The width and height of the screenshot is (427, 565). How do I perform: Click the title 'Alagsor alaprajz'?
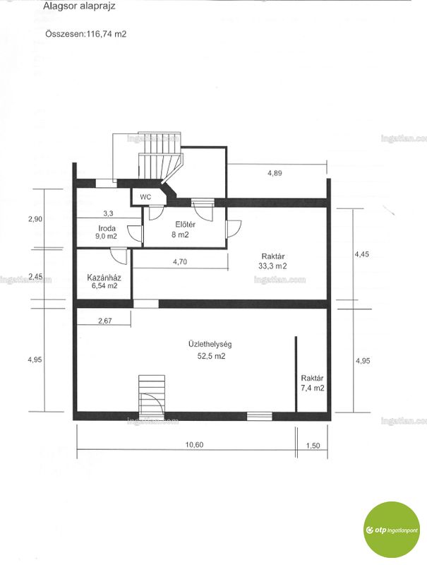coord(79,6)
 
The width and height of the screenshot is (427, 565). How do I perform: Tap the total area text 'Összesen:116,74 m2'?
coord(86,34)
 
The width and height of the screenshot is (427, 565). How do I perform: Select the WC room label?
coord(145,197)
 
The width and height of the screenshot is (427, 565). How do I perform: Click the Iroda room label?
coord(107,228)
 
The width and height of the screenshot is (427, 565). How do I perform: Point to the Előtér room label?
coord(186,225)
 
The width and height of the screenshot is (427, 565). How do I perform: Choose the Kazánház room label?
coord(104,278)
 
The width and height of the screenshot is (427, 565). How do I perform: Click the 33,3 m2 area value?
coord(272,266)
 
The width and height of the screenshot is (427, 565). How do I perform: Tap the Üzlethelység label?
coord(210,344)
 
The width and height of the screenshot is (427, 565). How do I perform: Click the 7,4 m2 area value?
coord(312,388)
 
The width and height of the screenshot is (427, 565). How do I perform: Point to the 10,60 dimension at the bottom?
coord(194,445)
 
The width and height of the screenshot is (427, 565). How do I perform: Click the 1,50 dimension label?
coord(313,446)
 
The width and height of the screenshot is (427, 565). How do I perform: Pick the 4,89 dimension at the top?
coord(275,173)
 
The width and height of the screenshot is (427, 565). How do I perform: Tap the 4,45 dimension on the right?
coord(362,254)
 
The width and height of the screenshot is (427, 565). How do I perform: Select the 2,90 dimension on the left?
coord(36,219)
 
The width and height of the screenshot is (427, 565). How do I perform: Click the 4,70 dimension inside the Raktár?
coord(180,262)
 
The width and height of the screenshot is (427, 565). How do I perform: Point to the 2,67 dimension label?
coord(104,321)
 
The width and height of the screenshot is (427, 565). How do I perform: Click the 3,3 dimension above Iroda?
coord(108,213)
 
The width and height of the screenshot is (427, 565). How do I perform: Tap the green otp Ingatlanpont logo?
coord(391,530)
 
